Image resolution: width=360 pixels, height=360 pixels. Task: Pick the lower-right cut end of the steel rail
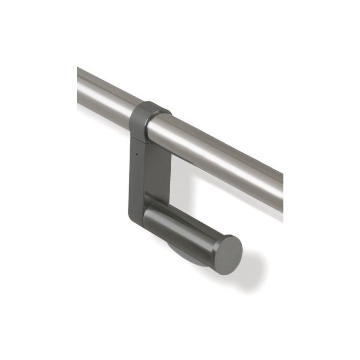(x=282, y=193)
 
